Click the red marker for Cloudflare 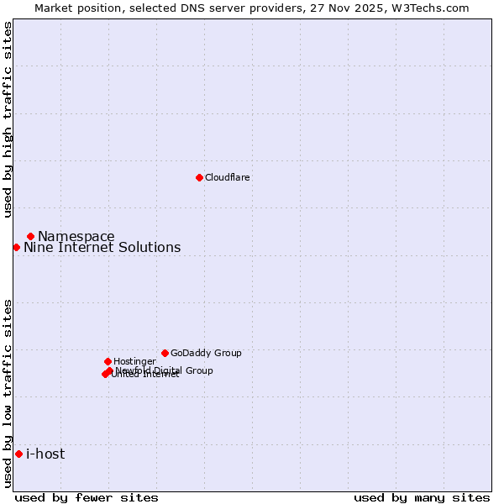pos(199,177)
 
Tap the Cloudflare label pos(228,177)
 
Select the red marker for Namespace pos(30,236)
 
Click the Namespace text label pos(76,236)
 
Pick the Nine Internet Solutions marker pos(16,247)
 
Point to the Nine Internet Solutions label pos(102,247)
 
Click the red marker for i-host pos(18,454)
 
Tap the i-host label pos(45,454)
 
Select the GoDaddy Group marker pos(165,353)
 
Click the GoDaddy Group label pos(206,353)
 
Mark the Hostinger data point pos(108,361)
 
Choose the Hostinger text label pos(134,361)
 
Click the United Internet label pos(144,375)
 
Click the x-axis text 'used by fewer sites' pos(87,497)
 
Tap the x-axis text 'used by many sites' pos(422,497)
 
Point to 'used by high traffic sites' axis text pos(8,119)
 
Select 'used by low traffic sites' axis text pos(8,393)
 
